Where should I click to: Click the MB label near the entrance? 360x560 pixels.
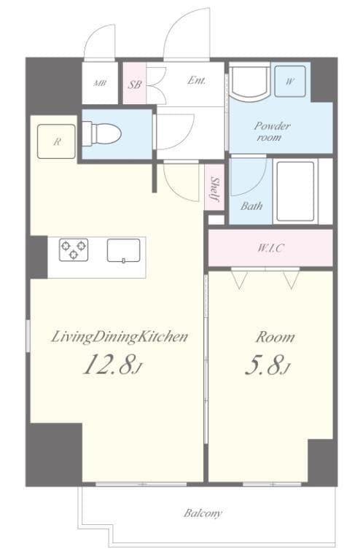[x=100, y=83]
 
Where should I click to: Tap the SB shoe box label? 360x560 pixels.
[x=134, y=84]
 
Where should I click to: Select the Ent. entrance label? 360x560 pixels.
[x=195, y=81]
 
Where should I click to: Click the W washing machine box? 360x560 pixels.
[x=290, y=82]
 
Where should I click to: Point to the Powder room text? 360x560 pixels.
[x=272, y=131]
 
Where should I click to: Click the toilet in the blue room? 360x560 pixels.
[x=101, y=134]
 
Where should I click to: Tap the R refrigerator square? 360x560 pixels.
[x=57, y=141]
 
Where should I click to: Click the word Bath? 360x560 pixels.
[x=251, y=206]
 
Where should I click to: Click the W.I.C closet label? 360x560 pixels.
[x=270, y=248]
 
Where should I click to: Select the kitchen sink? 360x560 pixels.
[x=122, y=250]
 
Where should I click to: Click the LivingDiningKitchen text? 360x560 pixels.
[x=120, y=337]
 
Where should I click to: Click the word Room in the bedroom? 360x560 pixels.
[x=275, y=337]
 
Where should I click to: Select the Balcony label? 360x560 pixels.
[x=203, y=513]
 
